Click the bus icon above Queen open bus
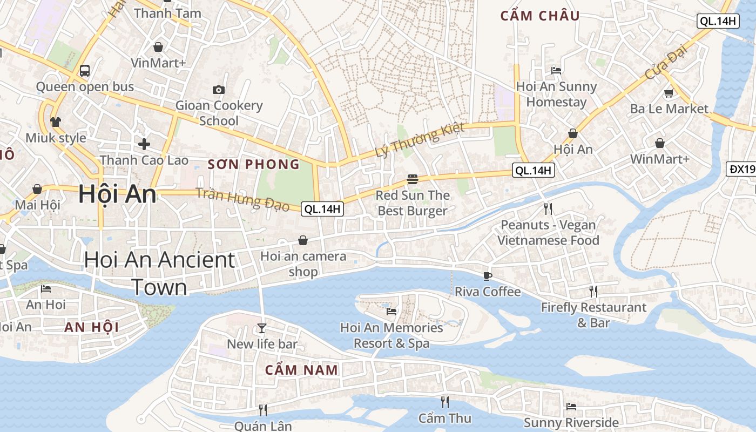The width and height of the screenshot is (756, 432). pos(85,70)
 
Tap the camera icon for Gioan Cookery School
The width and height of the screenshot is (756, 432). pos(219,90)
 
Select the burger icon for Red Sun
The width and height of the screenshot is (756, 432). pos(413,179)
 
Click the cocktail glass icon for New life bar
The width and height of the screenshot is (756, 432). pos(262,328)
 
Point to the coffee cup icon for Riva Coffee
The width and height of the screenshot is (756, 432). pos(488,276)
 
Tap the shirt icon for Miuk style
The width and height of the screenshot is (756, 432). pos(56,122)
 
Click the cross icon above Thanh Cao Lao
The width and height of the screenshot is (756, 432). pos(144,144)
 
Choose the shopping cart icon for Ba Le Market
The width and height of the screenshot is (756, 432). pos(669,93)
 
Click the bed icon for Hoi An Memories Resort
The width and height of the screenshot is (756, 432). pos(391,312)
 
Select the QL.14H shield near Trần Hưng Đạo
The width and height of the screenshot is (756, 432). pos(322,209)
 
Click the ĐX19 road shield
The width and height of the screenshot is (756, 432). pos(741,169)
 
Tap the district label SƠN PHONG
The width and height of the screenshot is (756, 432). pos(253,165)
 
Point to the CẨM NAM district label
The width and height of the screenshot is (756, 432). pos(301,370)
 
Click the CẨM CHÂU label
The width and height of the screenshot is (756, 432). pos(539,16)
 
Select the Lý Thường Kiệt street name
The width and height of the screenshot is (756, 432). pos(420,140)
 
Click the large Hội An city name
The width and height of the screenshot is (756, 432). pos(117,194)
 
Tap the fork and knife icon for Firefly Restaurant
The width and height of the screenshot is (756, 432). pos(593,292)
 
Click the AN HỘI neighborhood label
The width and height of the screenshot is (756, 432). pos(91,327)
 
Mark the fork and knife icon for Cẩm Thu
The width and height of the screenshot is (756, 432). pos(444,402)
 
